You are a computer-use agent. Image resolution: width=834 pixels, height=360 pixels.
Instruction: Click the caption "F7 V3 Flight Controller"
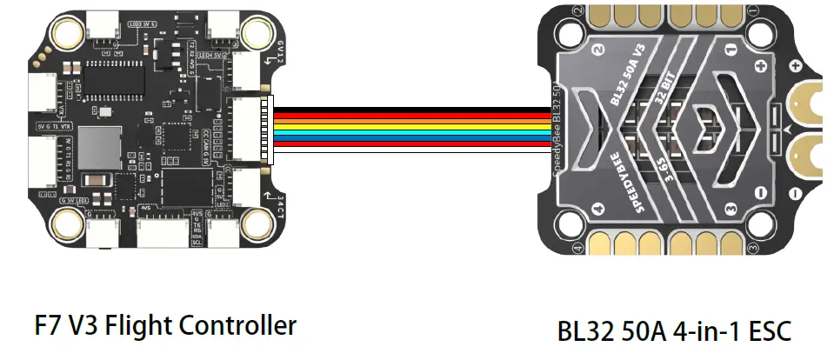coord(165,327)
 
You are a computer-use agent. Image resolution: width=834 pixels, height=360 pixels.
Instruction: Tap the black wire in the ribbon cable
coord(409,109)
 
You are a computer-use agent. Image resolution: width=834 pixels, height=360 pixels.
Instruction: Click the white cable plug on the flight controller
coord(269,127)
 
